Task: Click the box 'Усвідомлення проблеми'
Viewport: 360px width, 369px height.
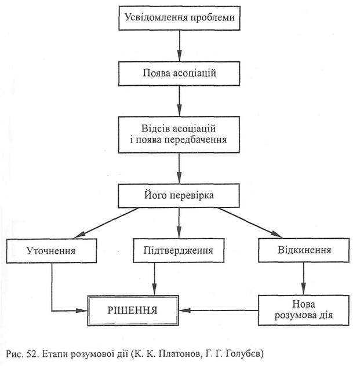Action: pos(180,18)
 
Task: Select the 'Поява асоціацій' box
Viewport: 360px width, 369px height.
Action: pos(180,74)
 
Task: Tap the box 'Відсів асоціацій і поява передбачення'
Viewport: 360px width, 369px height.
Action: pos(180,133)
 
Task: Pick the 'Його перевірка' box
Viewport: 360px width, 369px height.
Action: pos(180,195)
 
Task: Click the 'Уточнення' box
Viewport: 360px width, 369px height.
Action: pos(52,251)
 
